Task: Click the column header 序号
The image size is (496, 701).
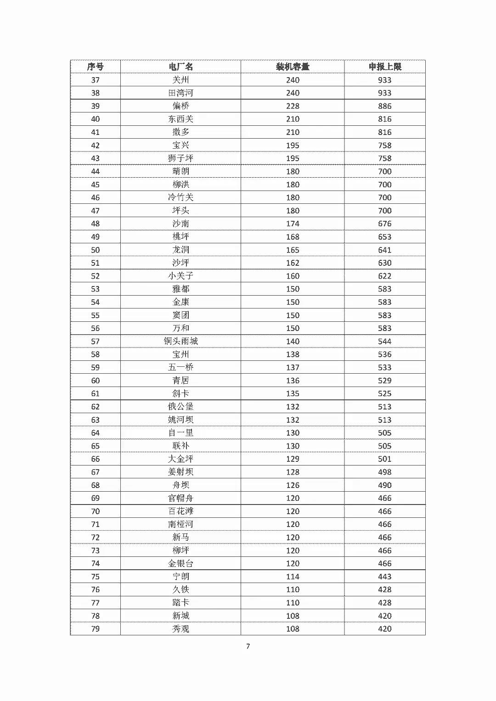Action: (x=95, y=67)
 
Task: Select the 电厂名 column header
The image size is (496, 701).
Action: (x=180, y=67)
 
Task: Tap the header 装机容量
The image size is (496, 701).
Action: (x=293, y=67)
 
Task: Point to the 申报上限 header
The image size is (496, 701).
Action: (x=385, y=67)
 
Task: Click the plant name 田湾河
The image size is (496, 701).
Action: (x=180, y=93)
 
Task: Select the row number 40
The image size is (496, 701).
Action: (x=95, y=119)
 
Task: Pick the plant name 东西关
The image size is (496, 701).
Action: (x=180, y=119)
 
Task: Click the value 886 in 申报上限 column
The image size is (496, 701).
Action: (x=385, y=106)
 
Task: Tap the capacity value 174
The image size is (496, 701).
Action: (x=293, y=224)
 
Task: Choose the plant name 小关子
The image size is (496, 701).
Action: (x=180, y=276)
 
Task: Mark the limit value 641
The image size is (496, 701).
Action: (x=385, y=250)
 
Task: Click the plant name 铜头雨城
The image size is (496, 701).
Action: (x=180, y=341)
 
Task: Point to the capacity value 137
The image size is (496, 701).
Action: (x=293, y=367)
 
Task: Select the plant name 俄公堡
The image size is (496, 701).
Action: (x=180, y=407)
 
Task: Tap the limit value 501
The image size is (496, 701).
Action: (x=385, y=459)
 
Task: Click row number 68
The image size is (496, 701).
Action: (x=95, y=485)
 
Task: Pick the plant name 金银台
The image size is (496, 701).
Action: (x=180, y=563)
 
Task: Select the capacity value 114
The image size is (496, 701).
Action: (x=293, y=577)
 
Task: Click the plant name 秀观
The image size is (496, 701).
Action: (x=180, y=629)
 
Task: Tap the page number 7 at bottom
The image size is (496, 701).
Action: (x=248, y=646)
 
